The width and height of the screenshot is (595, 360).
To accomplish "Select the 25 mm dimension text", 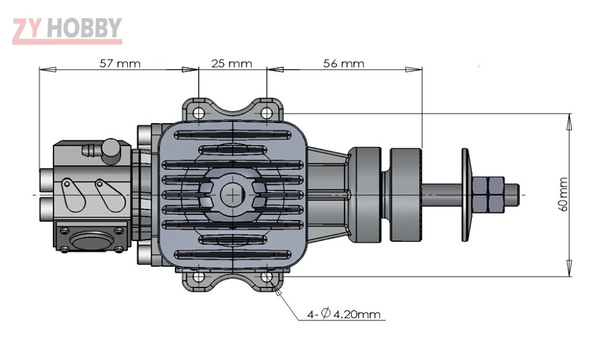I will pos(231,63).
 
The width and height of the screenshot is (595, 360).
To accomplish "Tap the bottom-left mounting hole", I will pos(199,277).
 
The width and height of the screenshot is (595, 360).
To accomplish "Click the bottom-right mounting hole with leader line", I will pos(267,277).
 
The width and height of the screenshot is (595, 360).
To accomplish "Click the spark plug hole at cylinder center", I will pos(232,194).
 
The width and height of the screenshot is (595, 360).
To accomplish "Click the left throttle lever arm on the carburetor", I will pos(73,195).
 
